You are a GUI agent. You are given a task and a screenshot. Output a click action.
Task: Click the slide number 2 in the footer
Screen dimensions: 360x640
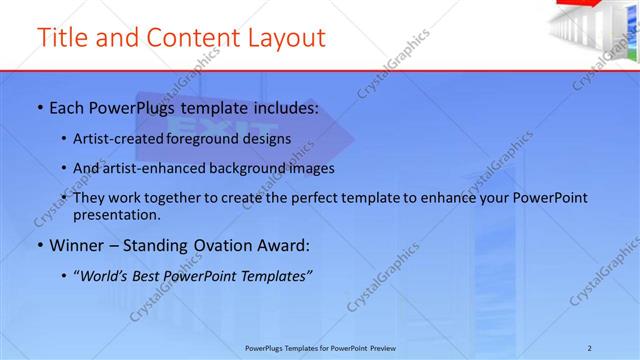[x=590, y=346]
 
